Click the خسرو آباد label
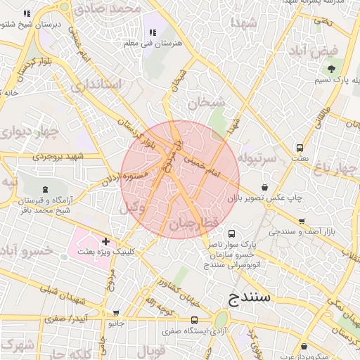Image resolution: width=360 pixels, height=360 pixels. (25, 251)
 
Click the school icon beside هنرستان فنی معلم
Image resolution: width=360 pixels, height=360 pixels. (153, 32)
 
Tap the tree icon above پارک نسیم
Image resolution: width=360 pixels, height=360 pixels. (330, 68)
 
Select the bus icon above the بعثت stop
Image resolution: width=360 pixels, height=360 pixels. (300, 148)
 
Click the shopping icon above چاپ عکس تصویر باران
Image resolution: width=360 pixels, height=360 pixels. (264, 187)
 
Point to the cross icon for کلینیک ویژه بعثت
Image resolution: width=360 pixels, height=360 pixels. (105, 241)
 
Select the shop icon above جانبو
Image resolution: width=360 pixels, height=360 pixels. (116, 313)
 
